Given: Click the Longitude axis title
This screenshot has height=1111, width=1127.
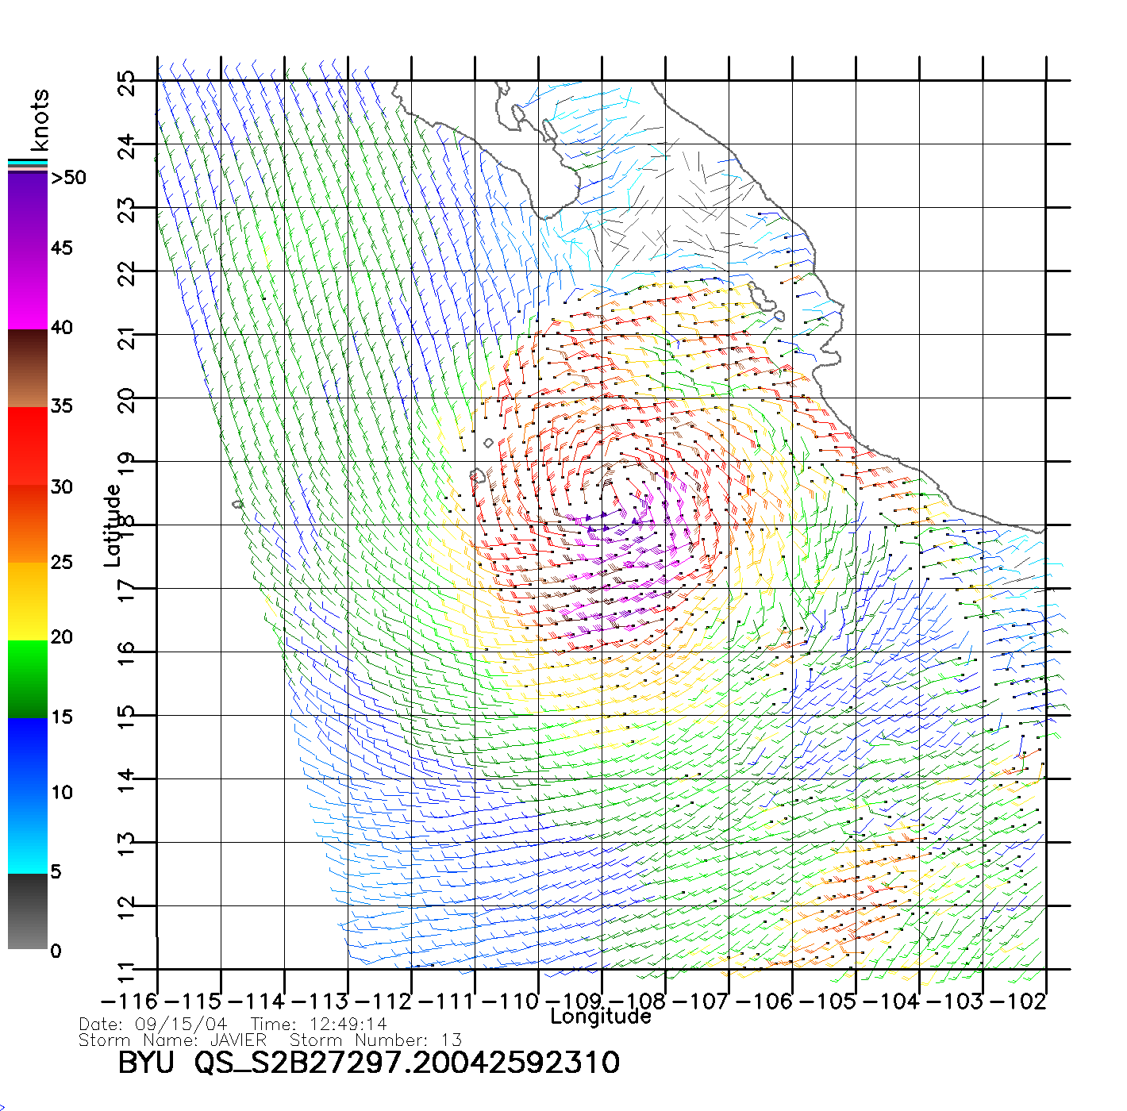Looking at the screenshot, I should (x=601, y=1017).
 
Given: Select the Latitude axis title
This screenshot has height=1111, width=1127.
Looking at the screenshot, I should (x=113, y=525).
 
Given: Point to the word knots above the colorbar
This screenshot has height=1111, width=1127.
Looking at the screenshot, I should (x=40, y=120).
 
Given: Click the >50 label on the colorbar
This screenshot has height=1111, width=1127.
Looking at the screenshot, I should (x=68, y=178).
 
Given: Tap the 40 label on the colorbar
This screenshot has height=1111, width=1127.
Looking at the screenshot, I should (x=62, y=327).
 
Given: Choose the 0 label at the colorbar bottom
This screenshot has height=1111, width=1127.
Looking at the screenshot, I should (x=56, y=951).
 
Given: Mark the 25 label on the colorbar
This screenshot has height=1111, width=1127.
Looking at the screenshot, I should (x=62, y=563).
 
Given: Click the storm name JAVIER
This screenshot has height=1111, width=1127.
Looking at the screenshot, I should (x=238, y=1040).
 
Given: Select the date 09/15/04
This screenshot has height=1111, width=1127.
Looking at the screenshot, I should (x=181, y=1025).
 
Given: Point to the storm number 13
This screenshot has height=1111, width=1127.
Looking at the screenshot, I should (x=452, y=1040).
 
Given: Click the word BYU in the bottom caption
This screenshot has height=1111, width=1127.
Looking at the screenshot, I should (x=145, y=1063).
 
